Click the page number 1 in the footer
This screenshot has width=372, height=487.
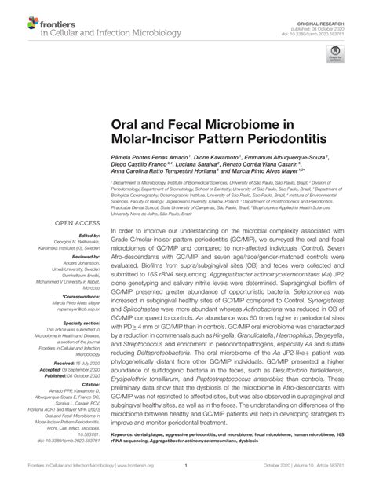(x=185, y=464)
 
